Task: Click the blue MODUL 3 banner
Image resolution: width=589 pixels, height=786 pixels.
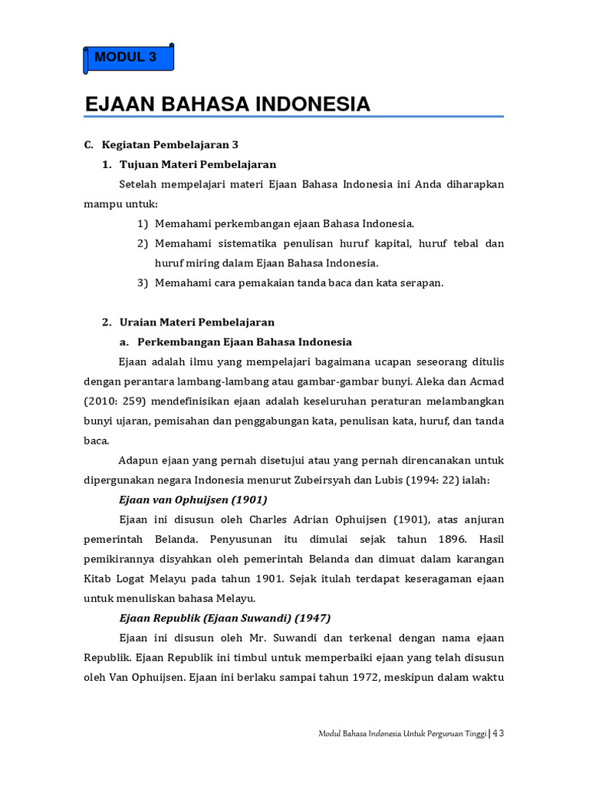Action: click(x=128, y=58)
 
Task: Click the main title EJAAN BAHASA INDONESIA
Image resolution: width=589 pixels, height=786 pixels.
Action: click(x=227, y=104)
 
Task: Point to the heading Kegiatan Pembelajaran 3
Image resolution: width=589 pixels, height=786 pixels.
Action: click(x=169, y=144)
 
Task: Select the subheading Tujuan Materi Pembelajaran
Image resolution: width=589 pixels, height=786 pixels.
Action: click(x=198, y=164)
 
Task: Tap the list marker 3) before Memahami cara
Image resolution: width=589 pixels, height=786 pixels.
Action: click(x=143, y=282)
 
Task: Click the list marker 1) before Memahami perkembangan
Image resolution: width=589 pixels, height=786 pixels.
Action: click(x=143, y=223)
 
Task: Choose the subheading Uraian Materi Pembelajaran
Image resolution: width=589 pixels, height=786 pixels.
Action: click(x=197, y=322)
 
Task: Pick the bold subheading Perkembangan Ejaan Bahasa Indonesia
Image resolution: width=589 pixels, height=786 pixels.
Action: click(x=245, y=342)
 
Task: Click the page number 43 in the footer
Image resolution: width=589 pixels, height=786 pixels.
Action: click(x=498, y=733)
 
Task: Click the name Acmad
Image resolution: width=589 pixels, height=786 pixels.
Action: click(x=486, y=381)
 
